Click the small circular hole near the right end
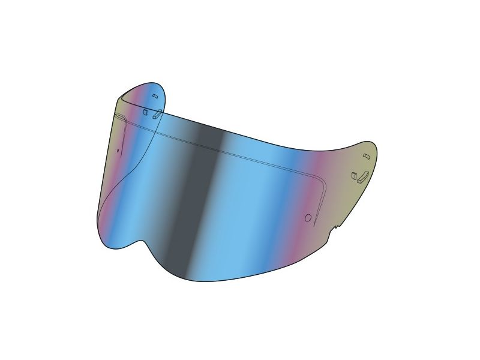click(308, 218)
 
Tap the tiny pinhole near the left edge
click(118, 150)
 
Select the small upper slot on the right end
click(366, 157)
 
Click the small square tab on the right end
click(354, 176)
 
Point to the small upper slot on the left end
click(154, 97)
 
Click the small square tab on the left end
click(145, 112)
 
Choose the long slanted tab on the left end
click(157, 114)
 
